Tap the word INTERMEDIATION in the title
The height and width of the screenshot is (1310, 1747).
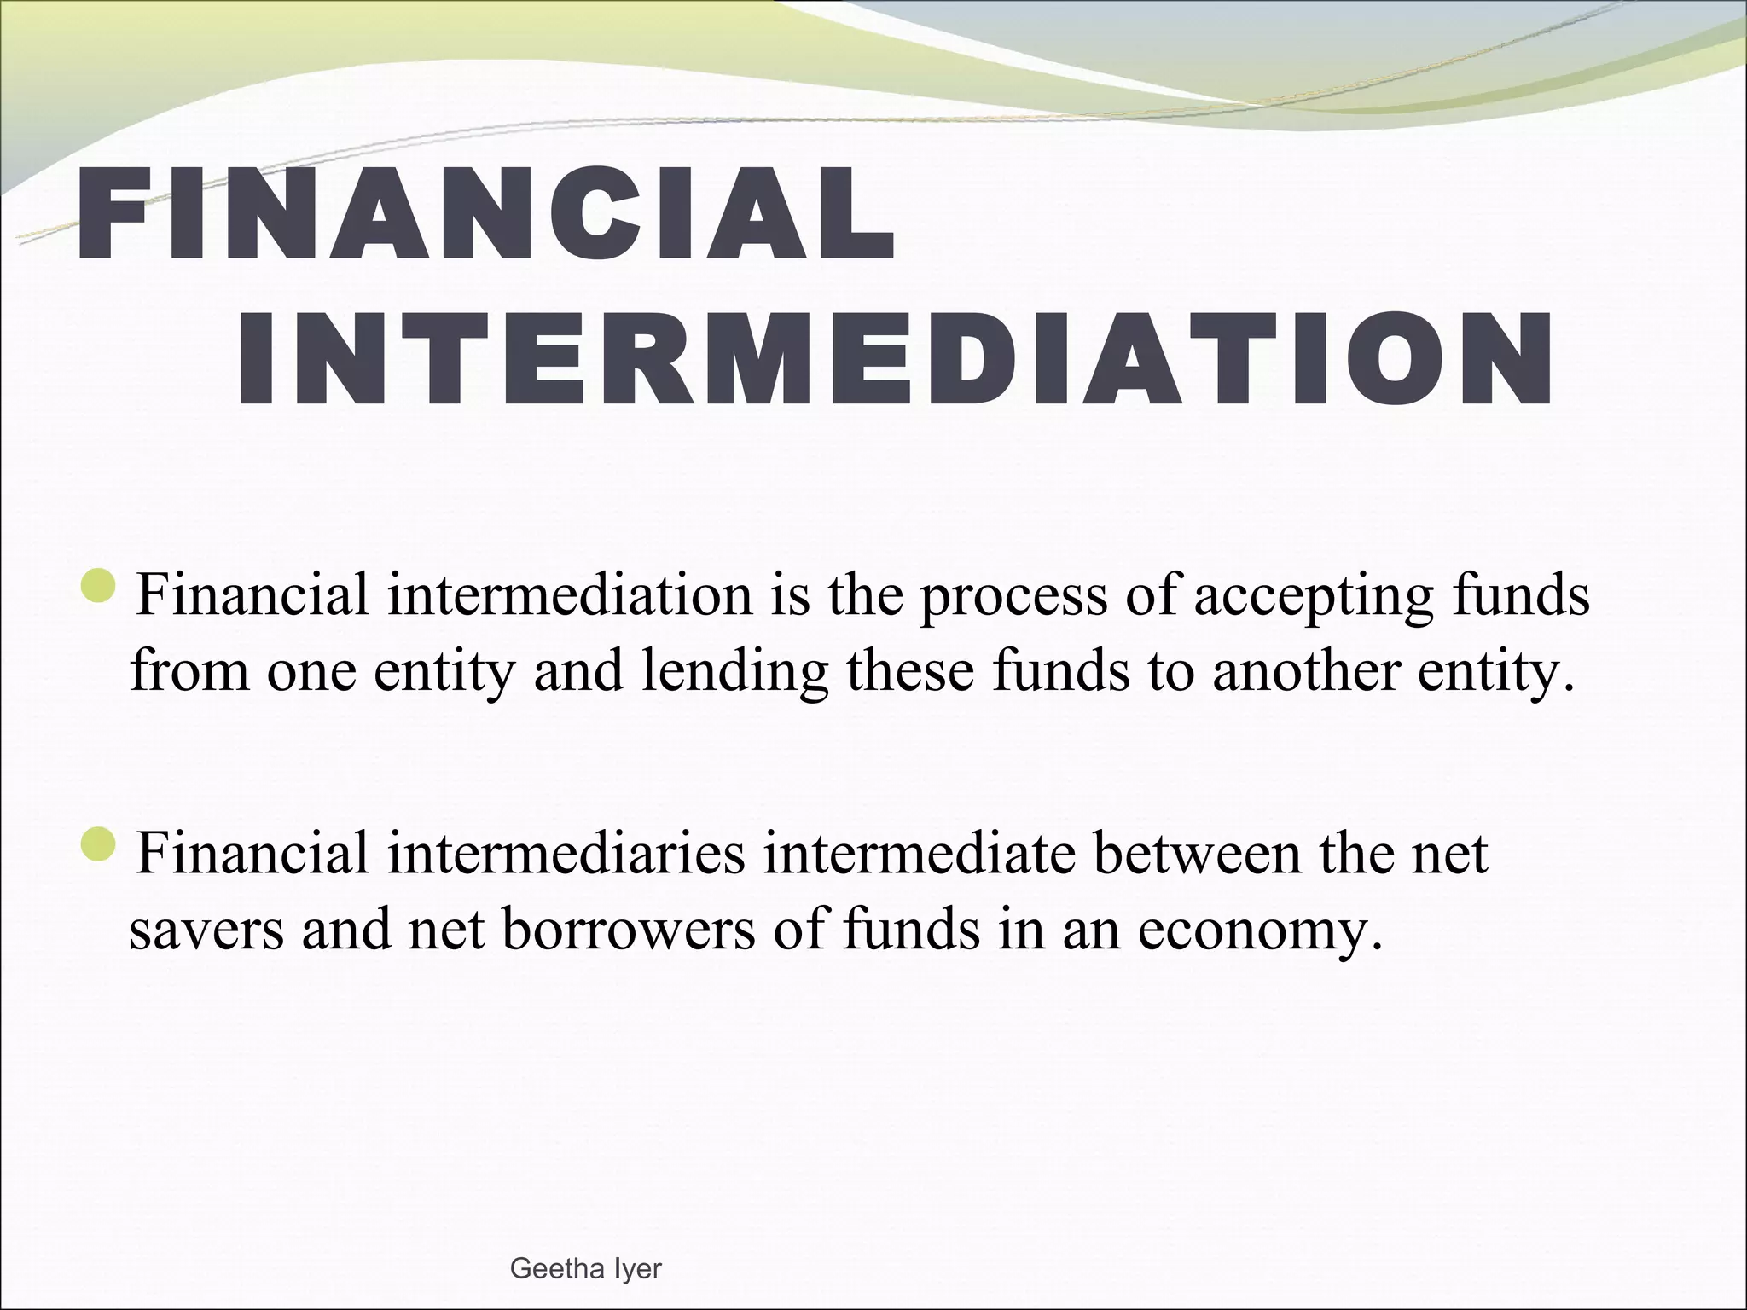tap(894, 359)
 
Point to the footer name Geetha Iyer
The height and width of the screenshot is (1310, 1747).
tap(585, 1268)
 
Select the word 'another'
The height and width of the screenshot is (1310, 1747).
tap(1305, 670)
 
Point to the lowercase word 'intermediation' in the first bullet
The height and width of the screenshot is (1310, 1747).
tap(570, 594)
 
